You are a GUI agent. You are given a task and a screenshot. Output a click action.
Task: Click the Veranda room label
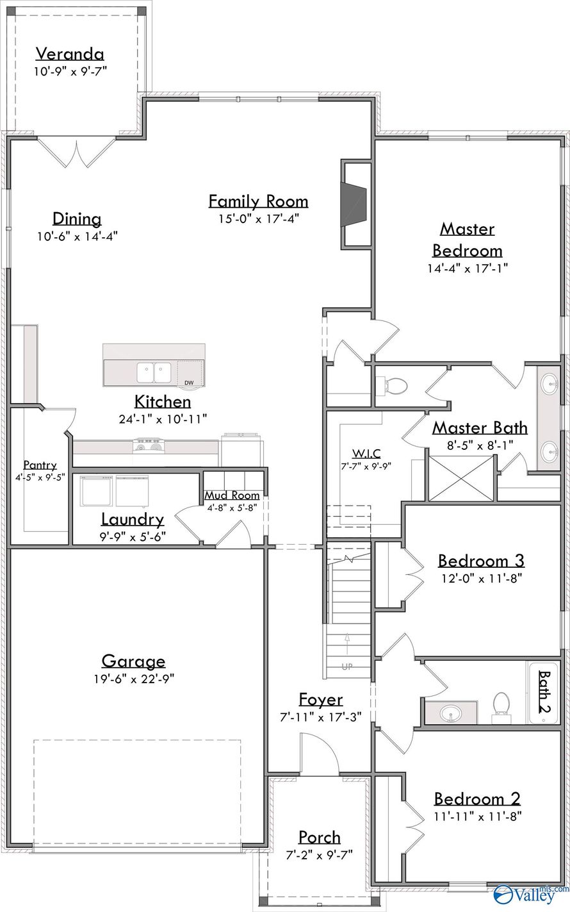click(x=70, y=54)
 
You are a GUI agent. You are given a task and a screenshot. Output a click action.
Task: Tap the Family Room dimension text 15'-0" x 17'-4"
click(x=258, y=219)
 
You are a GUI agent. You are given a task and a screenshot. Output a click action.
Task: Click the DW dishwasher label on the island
click(x=189, y=383)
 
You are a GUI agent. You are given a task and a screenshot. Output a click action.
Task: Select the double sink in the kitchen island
click(x=153, y=372)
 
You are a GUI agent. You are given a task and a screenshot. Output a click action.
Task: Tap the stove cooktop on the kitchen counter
click(x=149, y=446)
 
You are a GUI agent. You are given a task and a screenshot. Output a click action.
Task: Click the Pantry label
click(x=40, y=465)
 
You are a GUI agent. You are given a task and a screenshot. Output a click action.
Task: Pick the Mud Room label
click(x=232, y=495)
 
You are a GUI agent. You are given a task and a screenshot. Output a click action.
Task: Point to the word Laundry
click(x=132, y=520)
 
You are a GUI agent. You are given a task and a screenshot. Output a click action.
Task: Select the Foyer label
click(x=321, y=699)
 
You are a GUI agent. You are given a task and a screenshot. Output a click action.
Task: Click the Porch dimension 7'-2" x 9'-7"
click(x=320, y=854)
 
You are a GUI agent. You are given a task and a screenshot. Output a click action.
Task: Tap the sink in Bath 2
click(x=451, y=713)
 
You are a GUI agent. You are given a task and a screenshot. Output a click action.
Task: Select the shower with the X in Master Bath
click(x=461, y=478)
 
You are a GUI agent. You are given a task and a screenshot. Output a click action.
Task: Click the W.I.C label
click(x=366, y=453)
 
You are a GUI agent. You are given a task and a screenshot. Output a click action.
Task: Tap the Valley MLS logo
click(x=530, y=893)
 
